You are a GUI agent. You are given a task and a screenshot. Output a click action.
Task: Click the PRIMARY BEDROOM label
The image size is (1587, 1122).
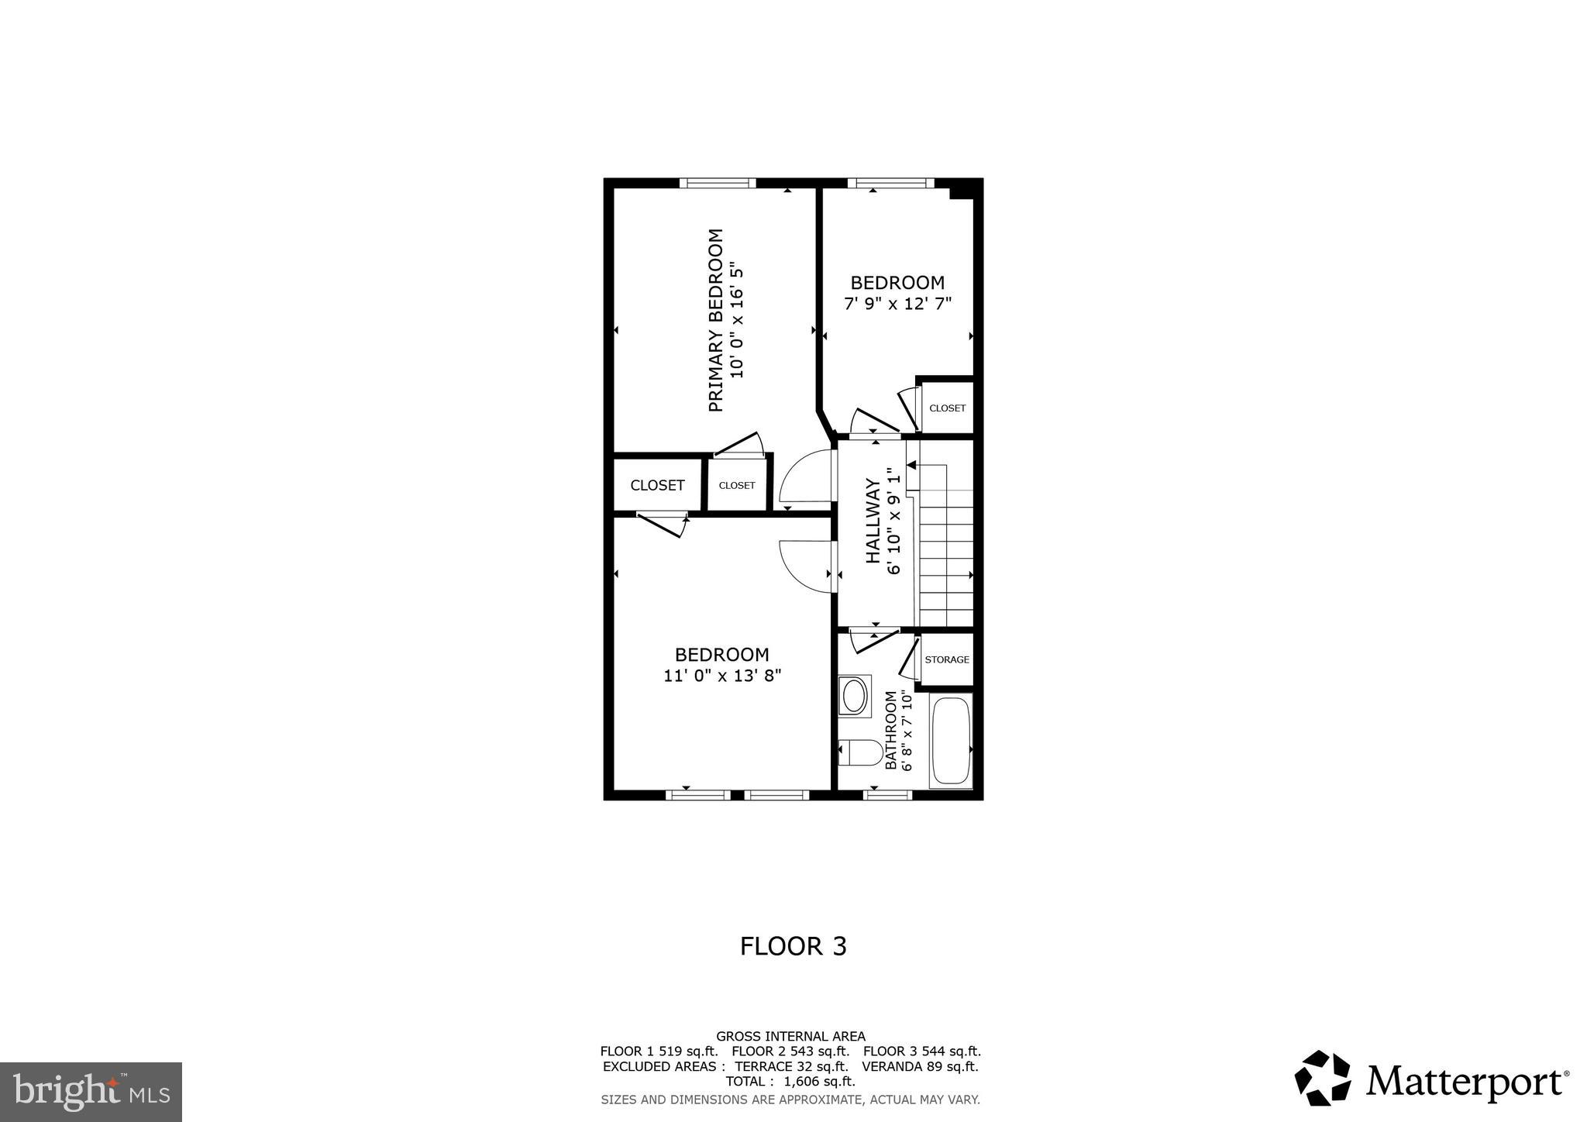[x=716, y=320]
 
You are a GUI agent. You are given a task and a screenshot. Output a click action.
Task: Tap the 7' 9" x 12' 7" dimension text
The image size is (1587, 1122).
[x=897, y=304]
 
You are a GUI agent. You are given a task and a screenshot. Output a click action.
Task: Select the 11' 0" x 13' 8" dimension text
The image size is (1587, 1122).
[x=721, y=676]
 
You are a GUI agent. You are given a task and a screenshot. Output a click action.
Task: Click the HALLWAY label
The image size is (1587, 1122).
[x=873, y=521]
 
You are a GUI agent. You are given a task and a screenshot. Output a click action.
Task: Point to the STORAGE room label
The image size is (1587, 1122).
[x=946, y=659]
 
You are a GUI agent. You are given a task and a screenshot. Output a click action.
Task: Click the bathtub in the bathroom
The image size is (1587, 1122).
[x=951, y=742]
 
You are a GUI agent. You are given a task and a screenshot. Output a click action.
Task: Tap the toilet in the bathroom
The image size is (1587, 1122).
[x=859, y=752]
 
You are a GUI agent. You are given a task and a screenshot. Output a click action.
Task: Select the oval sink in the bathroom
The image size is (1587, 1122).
[x=854, y=695]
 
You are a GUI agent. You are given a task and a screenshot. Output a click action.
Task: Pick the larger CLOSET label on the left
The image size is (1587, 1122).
[x=657, y=485]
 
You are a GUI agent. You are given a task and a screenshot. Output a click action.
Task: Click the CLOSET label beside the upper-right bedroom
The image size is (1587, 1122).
[x=947, y=408]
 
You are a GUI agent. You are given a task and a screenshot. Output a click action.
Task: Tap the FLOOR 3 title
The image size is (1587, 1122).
[x=793, y=946]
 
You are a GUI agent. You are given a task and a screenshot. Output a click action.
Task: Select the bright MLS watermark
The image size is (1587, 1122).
[x=91, y=1093]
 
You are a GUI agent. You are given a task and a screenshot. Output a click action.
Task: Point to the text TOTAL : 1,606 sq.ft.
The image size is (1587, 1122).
[x=790, y=1081]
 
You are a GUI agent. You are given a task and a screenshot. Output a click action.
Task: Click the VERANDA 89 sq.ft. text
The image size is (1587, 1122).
[x=920, y=1066]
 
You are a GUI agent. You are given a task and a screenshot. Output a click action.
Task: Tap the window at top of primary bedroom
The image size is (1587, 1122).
[x=718, y=183]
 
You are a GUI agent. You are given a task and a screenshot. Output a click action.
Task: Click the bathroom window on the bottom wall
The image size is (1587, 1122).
[x=888, y=794]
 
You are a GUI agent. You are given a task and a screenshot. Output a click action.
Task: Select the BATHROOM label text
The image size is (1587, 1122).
[x=891, y=730]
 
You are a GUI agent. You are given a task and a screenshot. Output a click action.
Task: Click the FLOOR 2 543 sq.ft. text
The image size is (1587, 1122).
[x=790, y=1051]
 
